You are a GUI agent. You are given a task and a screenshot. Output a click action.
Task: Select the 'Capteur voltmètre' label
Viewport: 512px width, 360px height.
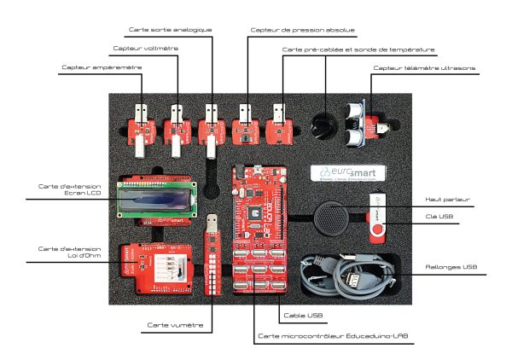146,49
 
